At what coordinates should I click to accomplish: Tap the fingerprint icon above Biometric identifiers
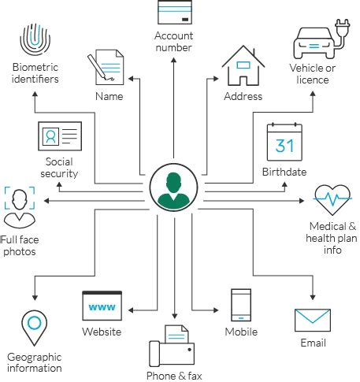(x=35, y=39)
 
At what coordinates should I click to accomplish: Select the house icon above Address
(x=243, y=65)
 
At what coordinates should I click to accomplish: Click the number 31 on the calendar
(x=284, y=146)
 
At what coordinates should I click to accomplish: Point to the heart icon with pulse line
(x=332, y=199)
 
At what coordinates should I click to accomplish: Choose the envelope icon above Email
(x=313, y=321)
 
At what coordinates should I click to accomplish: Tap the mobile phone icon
(x=241, y=305)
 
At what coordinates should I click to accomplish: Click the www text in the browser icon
(x=102, y=306)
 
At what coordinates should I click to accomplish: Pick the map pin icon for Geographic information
(x=34, y=328)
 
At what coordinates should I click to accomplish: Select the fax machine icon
(x=172, y=346)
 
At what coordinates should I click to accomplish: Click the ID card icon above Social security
(x=60, y=136)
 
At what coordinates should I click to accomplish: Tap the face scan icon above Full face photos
(x=20, y=207)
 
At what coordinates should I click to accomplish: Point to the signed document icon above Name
(x=106, y=67)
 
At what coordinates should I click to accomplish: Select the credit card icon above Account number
(x=175, y=12)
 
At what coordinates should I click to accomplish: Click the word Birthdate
(x=284, y=172)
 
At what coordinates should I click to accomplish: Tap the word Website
(x=102, y=332)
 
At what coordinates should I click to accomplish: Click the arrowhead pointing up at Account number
(x=173, y=60)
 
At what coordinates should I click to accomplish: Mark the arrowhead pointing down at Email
(x=313, y=298)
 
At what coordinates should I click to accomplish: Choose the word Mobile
(x=241, y=332)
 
